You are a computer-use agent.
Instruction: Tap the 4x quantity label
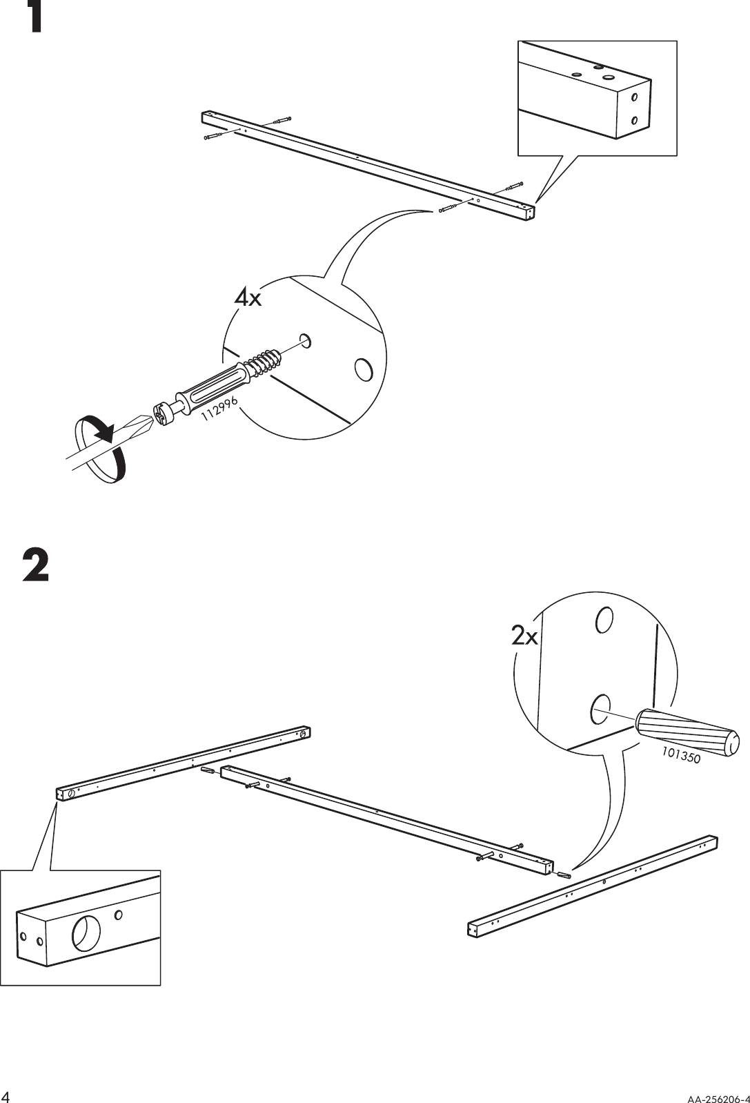247,298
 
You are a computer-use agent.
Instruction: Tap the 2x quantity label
524,636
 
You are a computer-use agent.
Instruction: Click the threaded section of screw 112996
266,364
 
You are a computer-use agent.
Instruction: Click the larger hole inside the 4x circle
362,369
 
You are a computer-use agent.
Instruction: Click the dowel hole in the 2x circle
598,710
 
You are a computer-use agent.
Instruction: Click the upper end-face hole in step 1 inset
635,97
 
